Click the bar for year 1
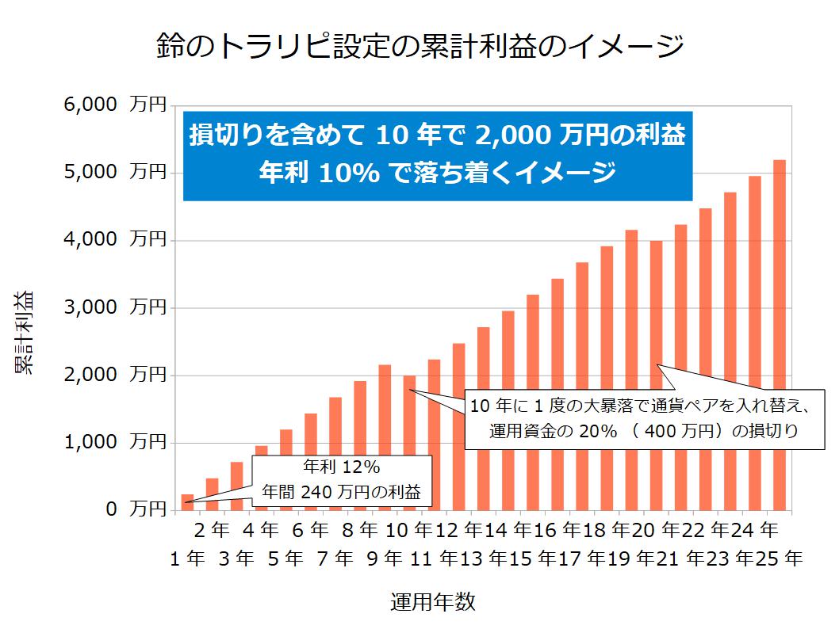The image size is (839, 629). pos(187,502)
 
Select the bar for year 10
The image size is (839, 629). pos(409,443)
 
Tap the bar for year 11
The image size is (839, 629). pos(434,435)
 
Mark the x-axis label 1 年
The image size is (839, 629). pos(187,558)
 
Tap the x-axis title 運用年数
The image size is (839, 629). pos(433,602)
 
